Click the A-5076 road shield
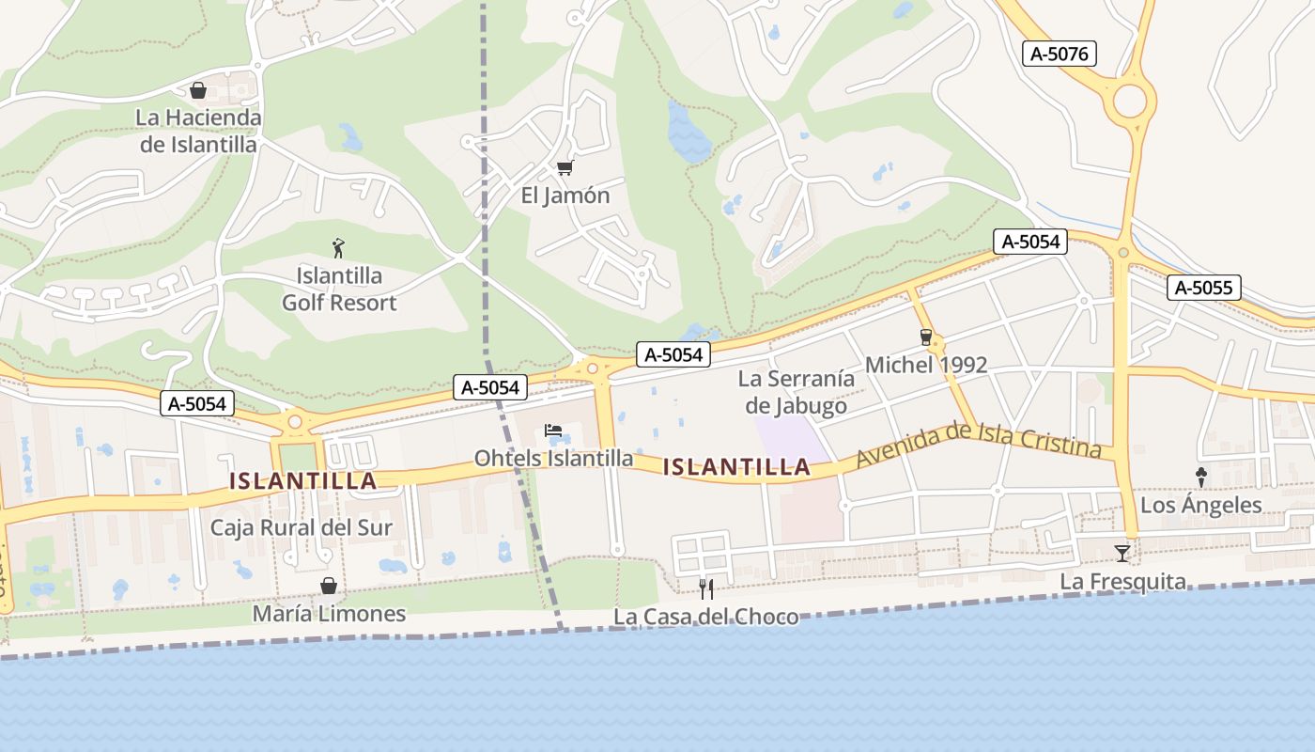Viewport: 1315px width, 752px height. [1059, 54]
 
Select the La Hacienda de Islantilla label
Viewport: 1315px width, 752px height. [198, 131]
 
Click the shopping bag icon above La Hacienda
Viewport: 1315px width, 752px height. [198, 90]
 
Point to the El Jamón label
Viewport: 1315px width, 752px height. [565, 196]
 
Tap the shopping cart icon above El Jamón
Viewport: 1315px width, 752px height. [565, 167]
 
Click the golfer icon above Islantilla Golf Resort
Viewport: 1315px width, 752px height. [339, 248]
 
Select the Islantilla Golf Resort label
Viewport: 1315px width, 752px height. [339, 290]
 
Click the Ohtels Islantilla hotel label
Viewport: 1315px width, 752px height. [553, 459]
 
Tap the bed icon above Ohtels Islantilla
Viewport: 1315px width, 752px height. [553, 431]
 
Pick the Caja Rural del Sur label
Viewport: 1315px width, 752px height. [301, 527]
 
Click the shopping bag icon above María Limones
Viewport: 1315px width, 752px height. [329, 586]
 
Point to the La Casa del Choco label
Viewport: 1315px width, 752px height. [706, 617]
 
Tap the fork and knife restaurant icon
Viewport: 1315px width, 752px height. [706, 589]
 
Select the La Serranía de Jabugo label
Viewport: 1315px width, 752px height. [797, 392]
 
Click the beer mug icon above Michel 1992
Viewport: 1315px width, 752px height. [926, 337]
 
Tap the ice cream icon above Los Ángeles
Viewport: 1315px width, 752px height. [1200, 477]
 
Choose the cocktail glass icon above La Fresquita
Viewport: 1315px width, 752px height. [1122, 553]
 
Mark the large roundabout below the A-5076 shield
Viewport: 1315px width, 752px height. [1130, 100]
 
